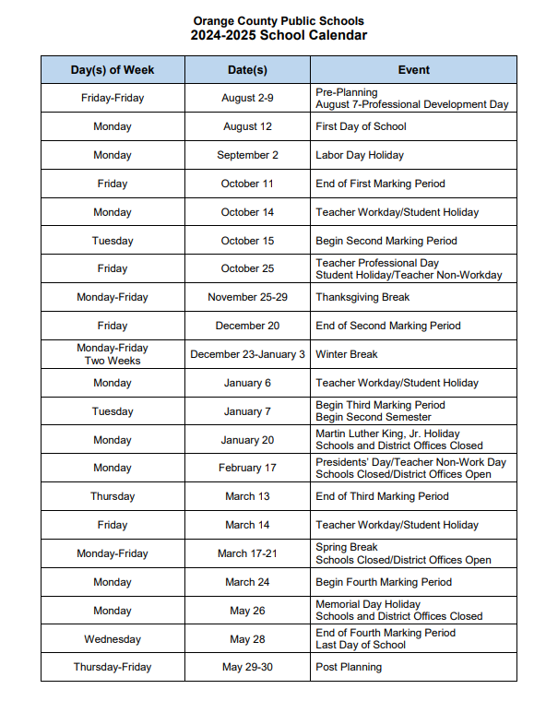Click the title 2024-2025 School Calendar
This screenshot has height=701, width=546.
pyautogui.click(x=279, y=36)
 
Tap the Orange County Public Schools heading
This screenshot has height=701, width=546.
pyautogui.click(x=279, y=20)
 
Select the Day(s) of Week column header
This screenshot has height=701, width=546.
pyautogui.click(x=113, y=70)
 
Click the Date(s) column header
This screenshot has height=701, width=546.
pyautogui.click(x=247, y=70)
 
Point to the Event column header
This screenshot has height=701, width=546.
pyautogui.click(x=413, y=70)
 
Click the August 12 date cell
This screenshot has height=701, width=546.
pyautogui.click(x=247, y=126)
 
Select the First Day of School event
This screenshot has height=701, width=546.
pyautogui.click(x=361, y=126)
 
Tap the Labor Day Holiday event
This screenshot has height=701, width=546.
pyautogui.click(x=360, y=155)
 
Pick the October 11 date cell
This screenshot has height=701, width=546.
pyautogui.click(x=247, y=184)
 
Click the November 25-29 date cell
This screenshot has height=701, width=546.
pyautogui.click(x=247, y=297)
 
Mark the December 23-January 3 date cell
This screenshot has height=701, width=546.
pyautogui.click(x=247, y=354)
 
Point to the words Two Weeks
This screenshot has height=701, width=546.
pyautogui.click(x=113, y=361)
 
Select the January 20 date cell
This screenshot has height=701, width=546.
pyautogui.click(x=247, y=440)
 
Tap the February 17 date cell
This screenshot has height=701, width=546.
pyautogui.click(x=247, y=468)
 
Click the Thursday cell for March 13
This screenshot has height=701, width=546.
pyautogui.click(x=113, y=496)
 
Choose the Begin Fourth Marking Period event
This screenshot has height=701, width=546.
pyautogui.click(x=384, y=582)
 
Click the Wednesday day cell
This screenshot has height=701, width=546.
pyautogui.click(x=113, y=639)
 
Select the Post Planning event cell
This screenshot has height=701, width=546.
pyautogui.click(x=349, y=667)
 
